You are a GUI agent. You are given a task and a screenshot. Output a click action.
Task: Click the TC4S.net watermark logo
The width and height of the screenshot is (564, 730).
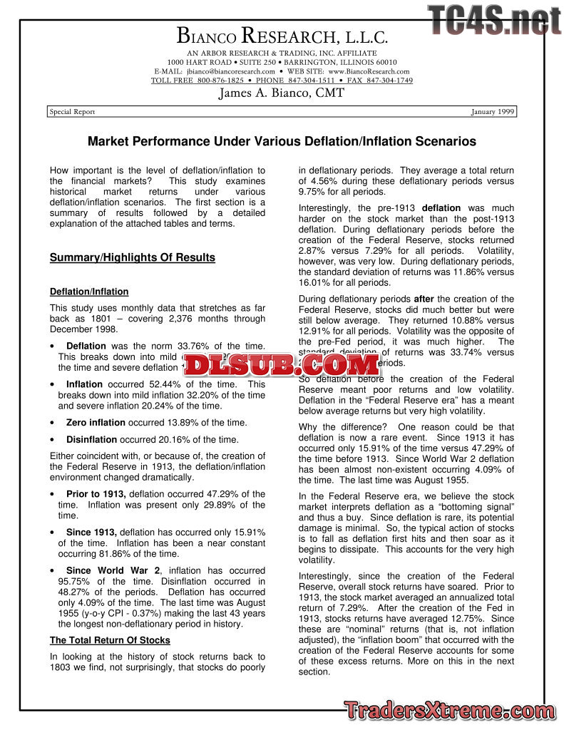(495, 20)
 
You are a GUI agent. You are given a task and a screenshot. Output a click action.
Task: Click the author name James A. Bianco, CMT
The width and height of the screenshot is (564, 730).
(281, 93)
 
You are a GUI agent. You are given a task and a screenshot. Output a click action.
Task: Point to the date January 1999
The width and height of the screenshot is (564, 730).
(493, 112)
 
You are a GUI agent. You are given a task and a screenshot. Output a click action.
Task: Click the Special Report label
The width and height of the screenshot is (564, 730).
(72, 112)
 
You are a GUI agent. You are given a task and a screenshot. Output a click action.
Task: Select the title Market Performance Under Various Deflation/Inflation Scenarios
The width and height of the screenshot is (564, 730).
(282, 142)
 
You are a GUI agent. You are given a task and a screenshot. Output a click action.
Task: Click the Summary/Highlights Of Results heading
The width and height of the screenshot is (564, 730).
(132, 257)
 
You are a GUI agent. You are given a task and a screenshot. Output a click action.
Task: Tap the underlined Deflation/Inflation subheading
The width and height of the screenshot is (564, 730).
(89, 292)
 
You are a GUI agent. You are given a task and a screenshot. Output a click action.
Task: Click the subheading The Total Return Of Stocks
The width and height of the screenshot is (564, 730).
(110, 640)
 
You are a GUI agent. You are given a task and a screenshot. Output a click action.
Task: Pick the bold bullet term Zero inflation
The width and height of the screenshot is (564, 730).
(96, 423)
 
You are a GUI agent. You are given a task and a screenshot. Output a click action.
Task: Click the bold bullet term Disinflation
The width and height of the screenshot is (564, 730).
(91, 440)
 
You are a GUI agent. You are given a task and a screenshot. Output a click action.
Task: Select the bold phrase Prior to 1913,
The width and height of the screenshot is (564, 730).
(96, 494)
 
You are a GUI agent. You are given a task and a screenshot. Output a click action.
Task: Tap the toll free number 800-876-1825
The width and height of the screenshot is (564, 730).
(215, 81)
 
